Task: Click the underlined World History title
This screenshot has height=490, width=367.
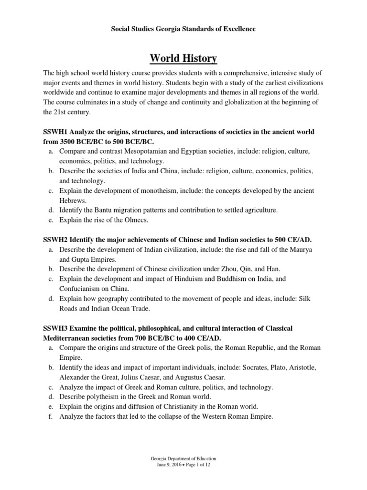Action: click(x=183, y=58)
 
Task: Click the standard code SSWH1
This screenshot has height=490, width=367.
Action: click(x=57, y=132)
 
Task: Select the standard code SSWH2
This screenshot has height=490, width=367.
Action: click(x=57, y=239)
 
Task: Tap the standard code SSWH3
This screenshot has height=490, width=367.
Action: click(x=57, y=328)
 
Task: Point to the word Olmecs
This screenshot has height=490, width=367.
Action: click(x=135, y=221)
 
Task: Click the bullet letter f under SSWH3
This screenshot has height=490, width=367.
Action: click(x=51, y=417)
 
